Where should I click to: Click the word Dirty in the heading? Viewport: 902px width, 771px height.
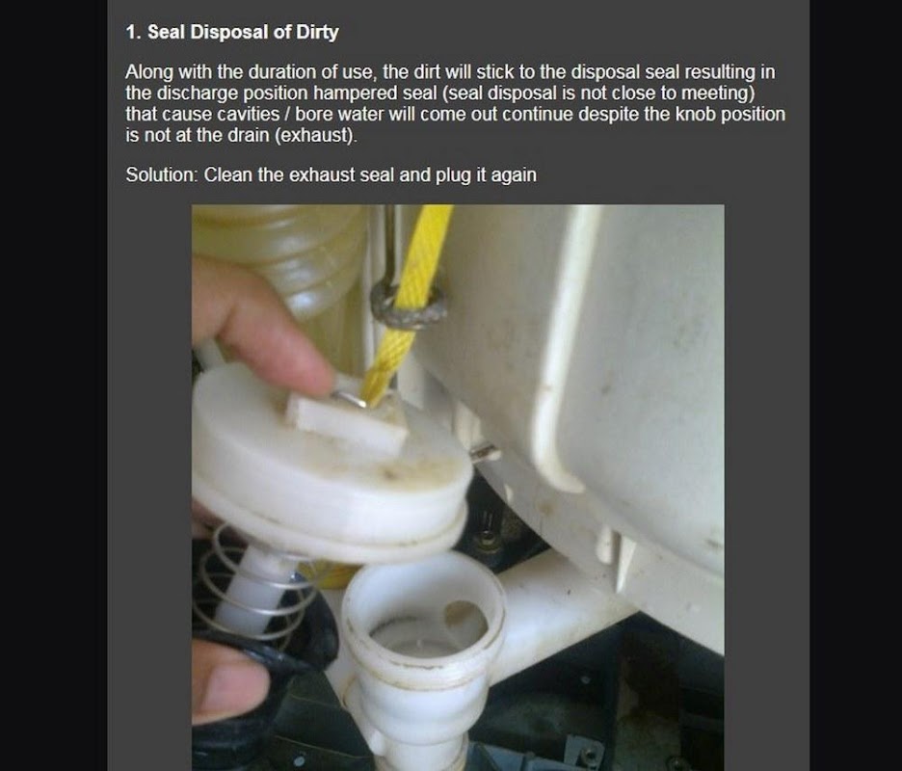317,32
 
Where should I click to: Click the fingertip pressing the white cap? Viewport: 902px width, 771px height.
299,357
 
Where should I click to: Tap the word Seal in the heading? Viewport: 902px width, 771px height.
167,32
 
